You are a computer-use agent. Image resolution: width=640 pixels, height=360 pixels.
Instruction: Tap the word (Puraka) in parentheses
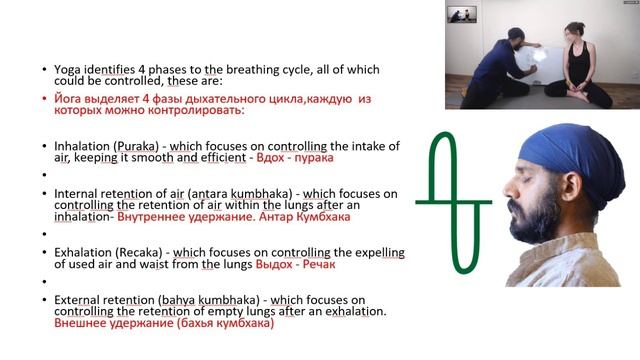point(137,146)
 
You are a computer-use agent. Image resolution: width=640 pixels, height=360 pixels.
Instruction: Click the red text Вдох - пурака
point(296,158)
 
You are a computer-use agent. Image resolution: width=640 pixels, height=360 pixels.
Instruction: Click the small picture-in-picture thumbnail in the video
point(460,14)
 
